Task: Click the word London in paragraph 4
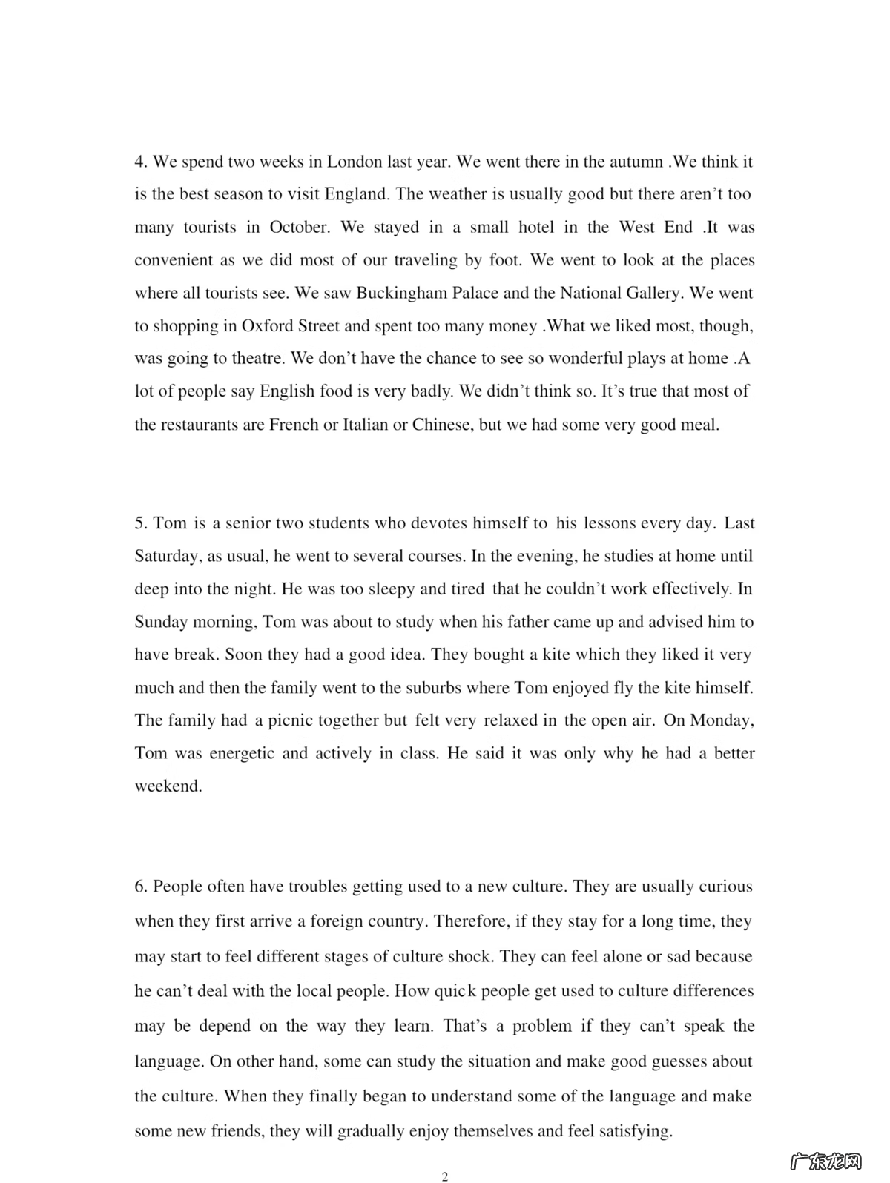[x=355, y=162]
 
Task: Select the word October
[x=299, y=227]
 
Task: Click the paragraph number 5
[x=141, y=523]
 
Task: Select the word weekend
[x=168, y=786]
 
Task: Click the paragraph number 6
[x=141, y=887]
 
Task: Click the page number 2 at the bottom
[x=445, y=1176]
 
